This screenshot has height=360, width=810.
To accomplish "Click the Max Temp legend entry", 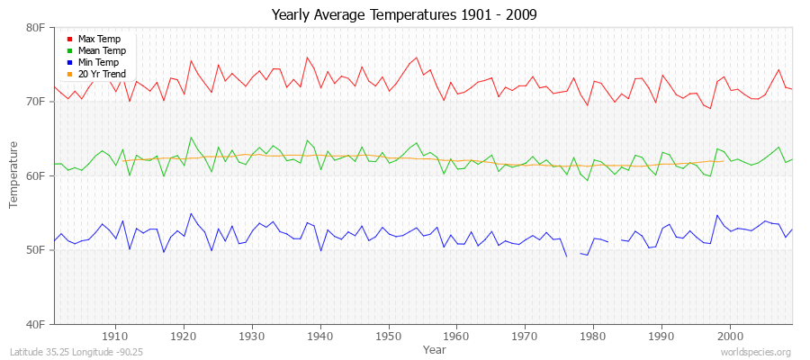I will point(99,39).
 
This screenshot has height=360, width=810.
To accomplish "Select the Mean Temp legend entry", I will point(102,50).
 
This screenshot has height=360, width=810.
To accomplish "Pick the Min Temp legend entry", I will point(99,62).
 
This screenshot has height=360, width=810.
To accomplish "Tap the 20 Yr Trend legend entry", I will point(102,74).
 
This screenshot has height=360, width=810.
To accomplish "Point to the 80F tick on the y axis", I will point(35,28).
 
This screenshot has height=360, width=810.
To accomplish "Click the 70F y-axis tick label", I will point(35,102).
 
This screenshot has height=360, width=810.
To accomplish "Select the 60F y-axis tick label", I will point(35,176).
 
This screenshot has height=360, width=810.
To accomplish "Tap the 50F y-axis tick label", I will point(35,250).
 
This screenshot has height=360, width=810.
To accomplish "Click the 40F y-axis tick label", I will point(35,324).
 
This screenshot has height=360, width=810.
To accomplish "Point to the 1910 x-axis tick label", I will point(115,336).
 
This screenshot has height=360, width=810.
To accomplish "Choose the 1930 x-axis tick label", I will point(252,336).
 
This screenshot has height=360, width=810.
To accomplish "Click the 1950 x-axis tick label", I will point(389,336).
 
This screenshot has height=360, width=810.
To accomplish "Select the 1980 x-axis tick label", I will point(593,336).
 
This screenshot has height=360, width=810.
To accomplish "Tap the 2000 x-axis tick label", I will point(730,336).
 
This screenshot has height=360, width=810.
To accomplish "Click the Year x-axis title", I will point(434,348).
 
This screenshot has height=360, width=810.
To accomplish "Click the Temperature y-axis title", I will point(14,175).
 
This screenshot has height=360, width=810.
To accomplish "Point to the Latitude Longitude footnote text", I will point(71,352).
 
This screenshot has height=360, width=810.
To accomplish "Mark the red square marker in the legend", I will point(69,39).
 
